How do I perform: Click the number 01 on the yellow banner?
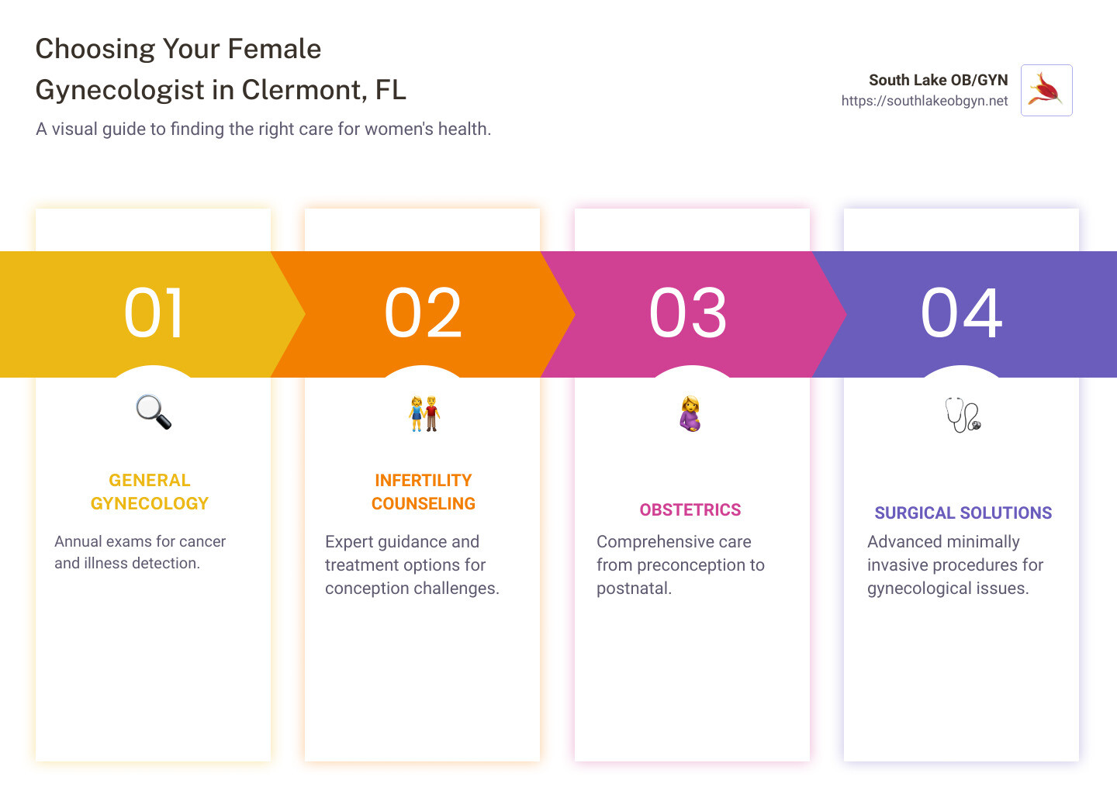pos(154,313)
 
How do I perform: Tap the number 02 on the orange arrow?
pos(423,313)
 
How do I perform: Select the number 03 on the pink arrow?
pos(688,313)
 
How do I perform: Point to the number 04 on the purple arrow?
pos(961,313)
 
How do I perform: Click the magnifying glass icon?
pos(154,412)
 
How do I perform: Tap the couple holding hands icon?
pos(424,413)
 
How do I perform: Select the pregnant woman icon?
pos(690,413)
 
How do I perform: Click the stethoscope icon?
pos(963,415)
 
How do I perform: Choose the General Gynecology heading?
pos(150,492)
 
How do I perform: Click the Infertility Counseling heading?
pos(424,492)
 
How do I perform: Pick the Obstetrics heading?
pos(690,510)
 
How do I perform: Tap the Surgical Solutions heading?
pos(963,513)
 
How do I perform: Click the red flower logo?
pos(1046,91)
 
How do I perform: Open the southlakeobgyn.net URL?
pos(925,101)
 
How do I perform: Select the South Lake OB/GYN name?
pos(938,80)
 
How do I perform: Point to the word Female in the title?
pos(274,49)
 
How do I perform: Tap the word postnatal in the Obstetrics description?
pos(634,589)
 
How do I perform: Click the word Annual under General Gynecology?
pos(78,541)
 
